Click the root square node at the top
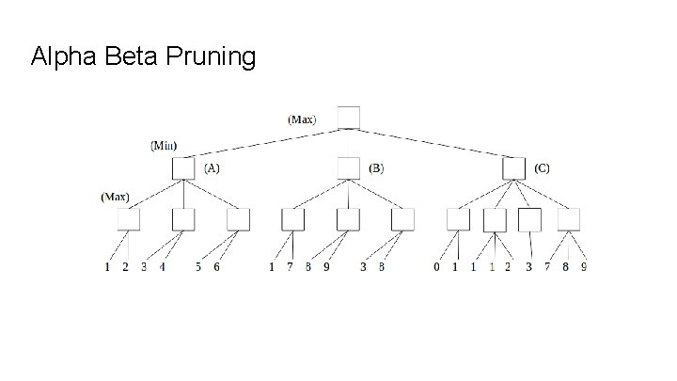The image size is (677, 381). (349, 117)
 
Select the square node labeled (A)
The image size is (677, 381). (183, 168)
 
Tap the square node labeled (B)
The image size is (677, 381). (349, 168)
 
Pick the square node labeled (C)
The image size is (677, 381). (513, 168)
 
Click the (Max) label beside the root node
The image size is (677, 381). (302, 119)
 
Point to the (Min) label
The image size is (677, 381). (165, 146)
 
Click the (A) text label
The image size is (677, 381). (213, 168)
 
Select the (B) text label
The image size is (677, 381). (376, 168)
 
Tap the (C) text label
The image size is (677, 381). (542, 168)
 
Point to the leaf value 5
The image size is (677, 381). (198, 268)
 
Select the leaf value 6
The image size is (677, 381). (216, 268)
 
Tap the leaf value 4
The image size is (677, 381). (162, 268)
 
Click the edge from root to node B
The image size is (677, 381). (349, 142)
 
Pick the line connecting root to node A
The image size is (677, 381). (266, 143)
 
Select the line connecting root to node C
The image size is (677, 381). (431, 143)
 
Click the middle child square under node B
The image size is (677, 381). (348, 219)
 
